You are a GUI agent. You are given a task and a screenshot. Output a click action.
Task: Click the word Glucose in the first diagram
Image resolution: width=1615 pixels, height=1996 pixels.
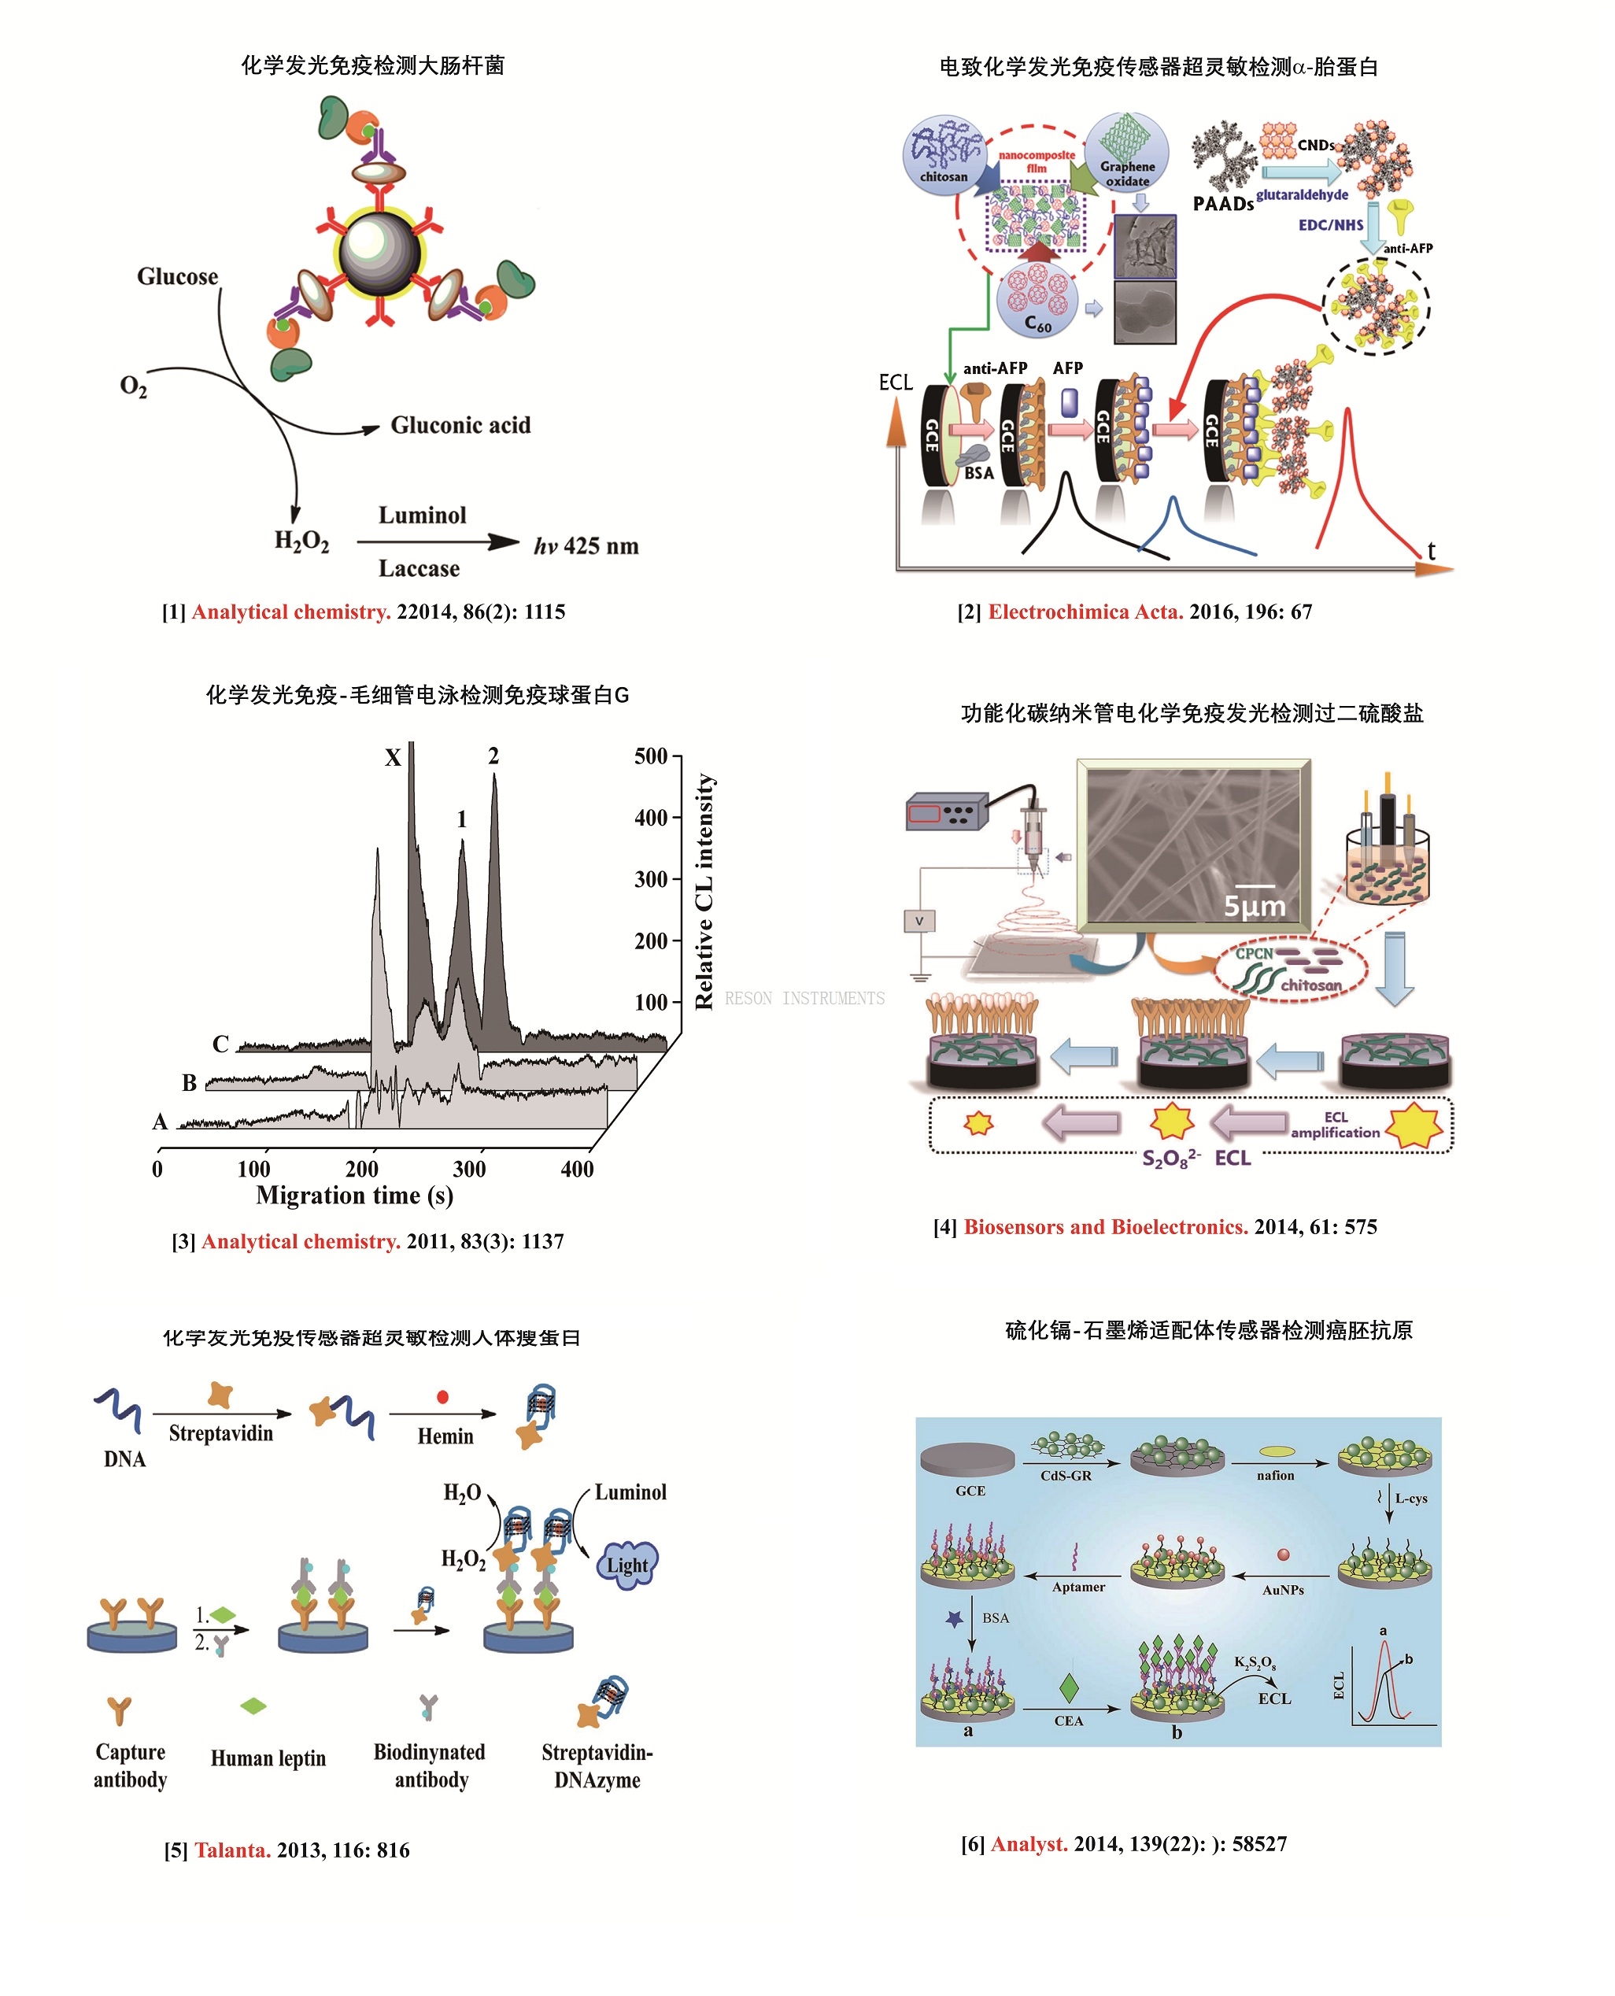(177, 276)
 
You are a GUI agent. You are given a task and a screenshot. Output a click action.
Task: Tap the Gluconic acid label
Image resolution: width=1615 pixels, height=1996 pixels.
(460, 425)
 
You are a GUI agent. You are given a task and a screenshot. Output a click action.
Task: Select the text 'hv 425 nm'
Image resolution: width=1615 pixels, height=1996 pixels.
(586, 546)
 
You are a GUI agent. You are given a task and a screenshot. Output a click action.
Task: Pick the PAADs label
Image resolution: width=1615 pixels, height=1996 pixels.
(1222, 204)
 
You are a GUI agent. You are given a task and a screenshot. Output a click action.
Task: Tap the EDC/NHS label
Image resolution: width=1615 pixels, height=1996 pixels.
(1330, 225)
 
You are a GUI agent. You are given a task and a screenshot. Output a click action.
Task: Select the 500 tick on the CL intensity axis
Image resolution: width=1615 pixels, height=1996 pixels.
(650, 756)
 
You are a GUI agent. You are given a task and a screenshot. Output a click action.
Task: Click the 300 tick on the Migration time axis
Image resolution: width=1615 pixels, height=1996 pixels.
(469, 1169)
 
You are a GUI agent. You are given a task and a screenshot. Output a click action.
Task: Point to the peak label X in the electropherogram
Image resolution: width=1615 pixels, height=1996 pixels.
(393, 758)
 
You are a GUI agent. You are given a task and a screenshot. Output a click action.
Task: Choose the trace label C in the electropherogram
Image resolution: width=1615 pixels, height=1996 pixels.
(220, 1044)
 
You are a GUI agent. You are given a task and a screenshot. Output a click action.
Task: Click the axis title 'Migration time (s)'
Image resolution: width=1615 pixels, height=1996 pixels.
(354, 1196)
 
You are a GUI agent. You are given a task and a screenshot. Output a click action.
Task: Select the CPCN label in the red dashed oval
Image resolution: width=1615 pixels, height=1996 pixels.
(1253, 953)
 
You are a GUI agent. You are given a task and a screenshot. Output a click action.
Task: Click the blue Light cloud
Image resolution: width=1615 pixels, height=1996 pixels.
(626, 1565)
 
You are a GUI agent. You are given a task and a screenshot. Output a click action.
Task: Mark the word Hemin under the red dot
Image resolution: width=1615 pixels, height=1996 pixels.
(445, 1436)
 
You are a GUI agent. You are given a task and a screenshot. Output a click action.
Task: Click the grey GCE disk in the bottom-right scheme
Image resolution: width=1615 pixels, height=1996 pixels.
(967, 1458)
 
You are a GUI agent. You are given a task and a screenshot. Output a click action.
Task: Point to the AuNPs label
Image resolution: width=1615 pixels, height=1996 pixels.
(1283, 1591)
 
